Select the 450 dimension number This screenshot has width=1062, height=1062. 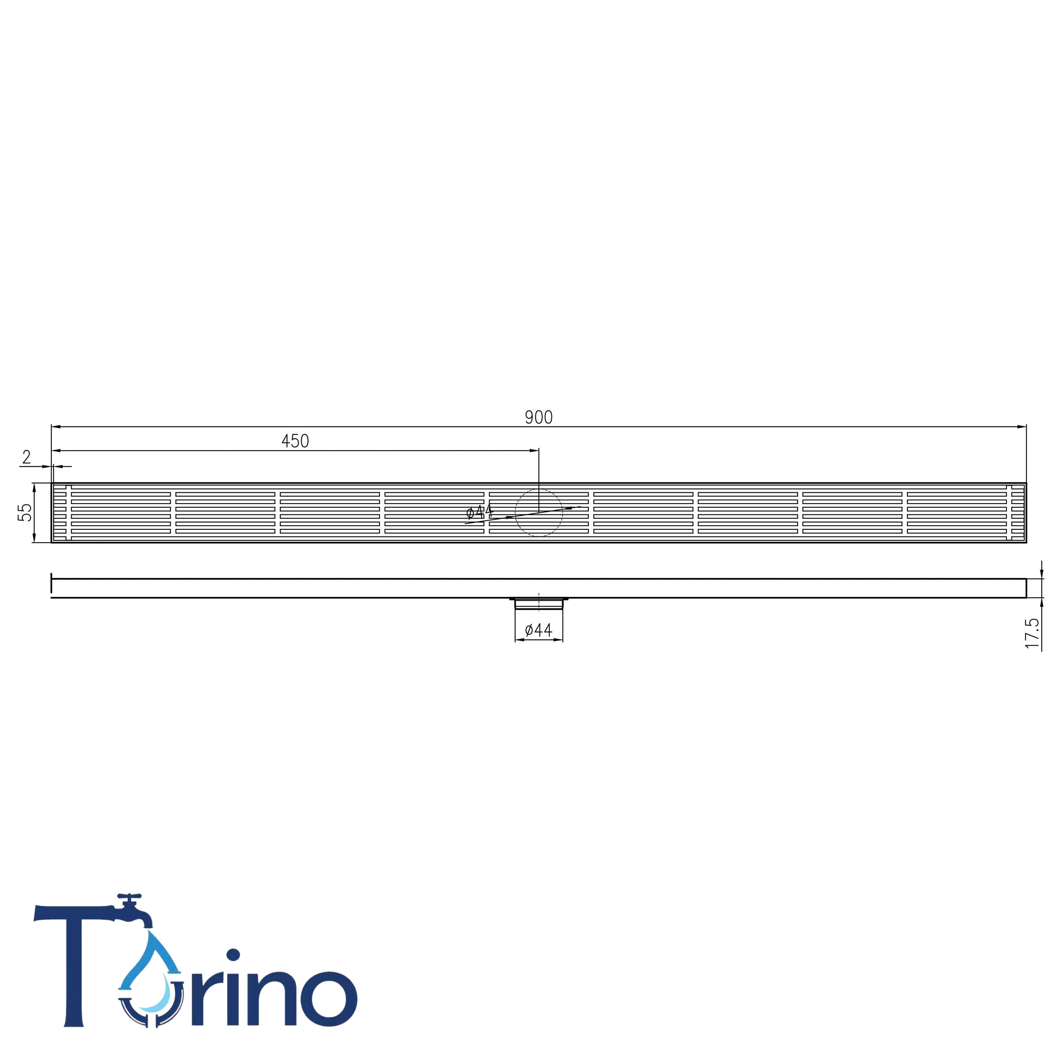tap(295, 441)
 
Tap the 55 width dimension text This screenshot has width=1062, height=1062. tap(25, 512)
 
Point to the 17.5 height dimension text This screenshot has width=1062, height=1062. tap(1032, 633)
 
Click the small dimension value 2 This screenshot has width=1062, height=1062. tap(27, 457)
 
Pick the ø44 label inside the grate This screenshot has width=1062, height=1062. tap(480, 512)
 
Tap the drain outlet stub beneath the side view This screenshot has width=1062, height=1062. tap(539, 604)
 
